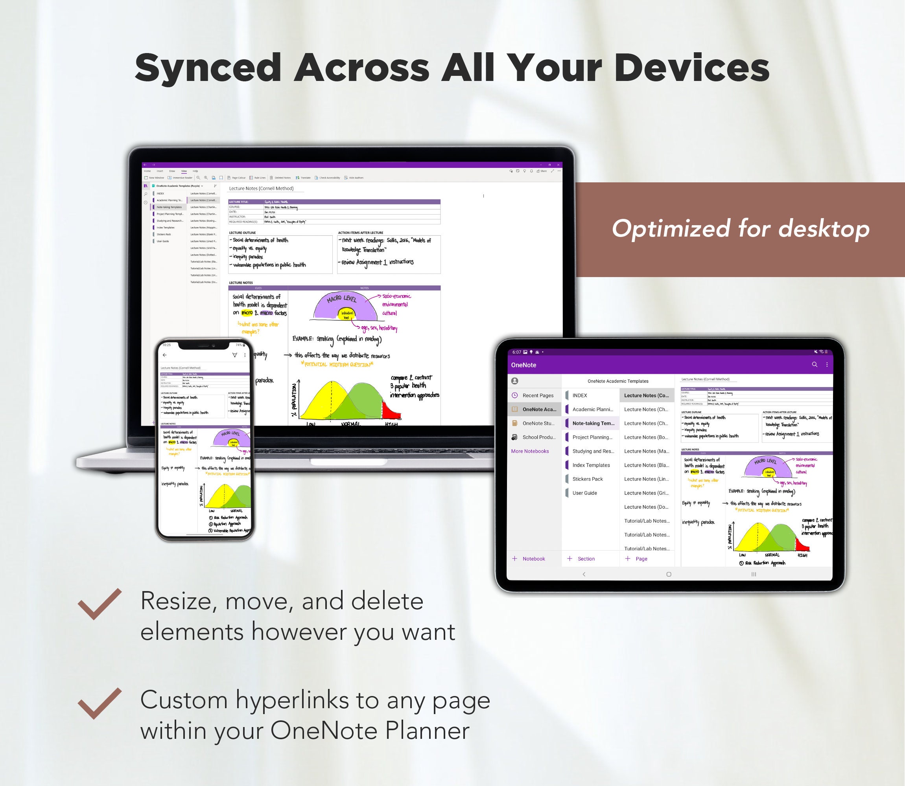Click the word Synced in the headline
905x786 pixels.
[x=207, y=68]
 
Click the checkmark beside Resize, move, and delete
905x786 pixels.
[x=99, y=604]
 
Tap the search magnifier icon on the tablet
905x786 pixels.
[x=814, y=364]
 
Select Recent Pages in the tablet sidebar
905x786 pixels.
[x=538, y=395]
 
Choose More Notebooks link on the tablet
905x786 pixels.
[x=530, y=451]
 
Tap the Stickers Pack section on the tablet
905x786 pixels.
[x=587, y=479]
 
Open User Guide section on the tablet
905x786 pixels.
[x=584, y=493]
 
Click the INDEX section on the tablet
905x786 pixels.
[x=579, y=395]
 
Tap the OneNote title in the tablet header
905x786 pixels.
[x=523, y=365]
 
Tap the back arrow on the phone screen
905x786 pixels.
[x=164, y=355]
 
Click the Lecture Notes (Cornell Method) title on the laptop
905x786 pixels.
[x=261, y=189]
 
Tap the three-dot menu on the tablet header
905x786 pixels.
[x=827, y=364]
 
